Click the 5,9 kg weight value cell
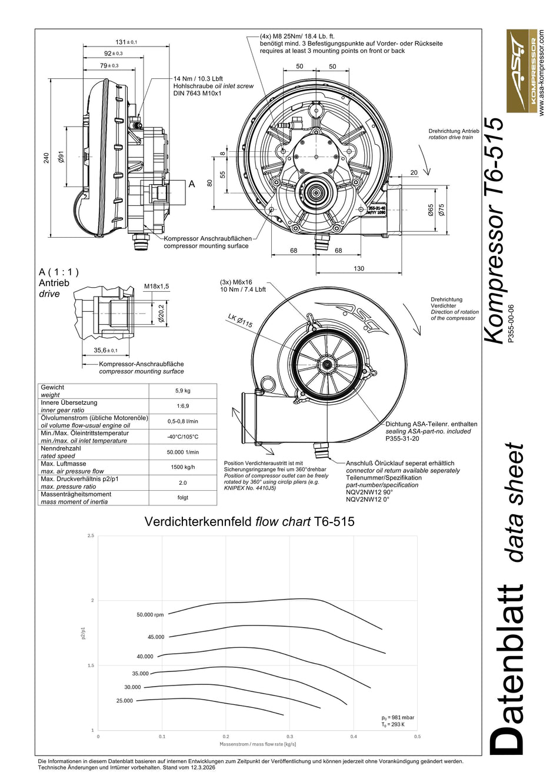(x=182, y=391)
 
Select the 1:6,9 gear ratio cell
(x=182, y=406)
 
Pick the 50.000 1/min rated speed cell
(x=182, y=452)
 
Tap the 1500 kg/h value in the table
(x=182, y=467)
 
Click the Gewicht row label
(x=52, y=388)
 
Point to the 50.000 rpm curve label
(x=150, y=615)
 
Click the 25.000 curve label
(x=125, y=701)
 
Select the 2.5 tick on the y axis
(x=91, y=536)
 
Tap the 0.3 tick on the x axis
(x=289, y=736)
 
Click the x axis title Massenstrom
(x=258, y=744)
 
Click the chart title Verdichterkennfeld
(x=249, y=521)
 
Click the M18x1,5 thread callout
(x=156, y=287)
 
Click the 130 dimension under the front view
(x=359, y=268)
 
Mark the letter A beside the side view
(x=191, y=184)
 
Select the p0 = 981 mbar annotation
(x=398, y=718)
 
